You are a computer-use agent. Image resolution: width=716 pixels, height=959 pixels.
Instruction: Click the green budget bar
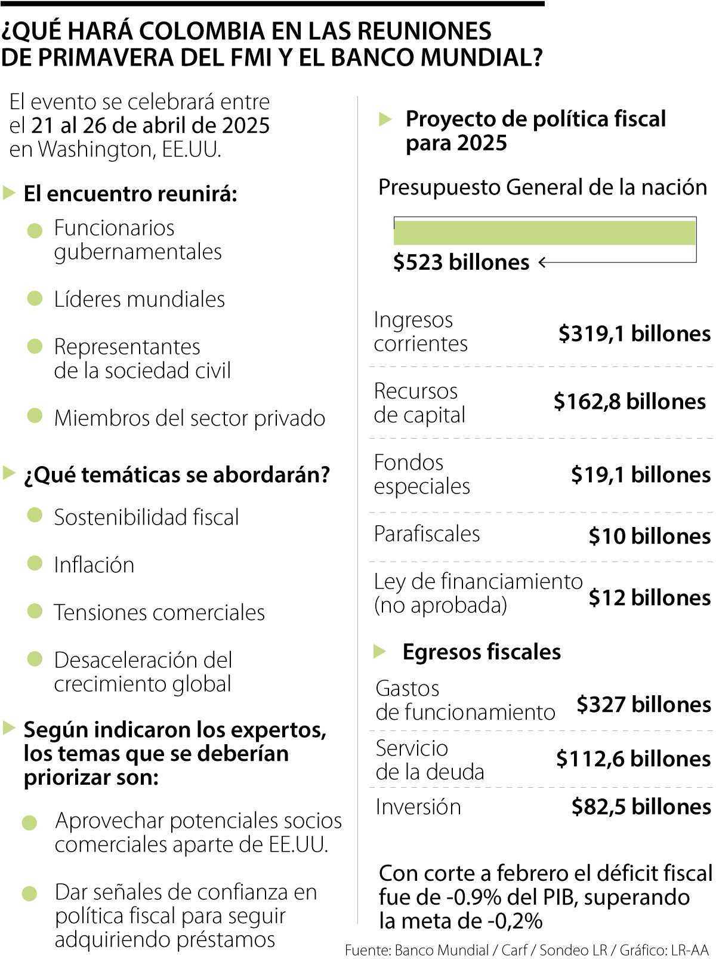point(544,233)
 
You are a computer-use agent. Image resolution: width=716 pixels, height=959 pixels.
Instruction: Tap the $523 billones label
point(461,263)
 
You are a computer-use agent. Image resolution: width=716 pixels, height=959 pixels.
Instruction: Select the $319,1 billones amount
point(634,334)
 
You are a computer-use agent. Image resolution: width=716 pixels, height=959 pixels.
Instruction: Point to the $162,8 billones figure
point(629,402)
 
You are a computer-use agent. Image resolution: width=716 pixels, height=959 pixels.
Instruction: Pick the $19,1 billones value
point(641,475)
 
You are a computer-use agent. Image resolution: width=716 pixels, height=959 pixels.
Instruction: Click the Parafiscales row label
point(427,534)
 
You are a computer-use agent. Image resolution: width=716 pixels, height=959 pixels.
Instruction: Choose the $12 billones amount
point(650,597)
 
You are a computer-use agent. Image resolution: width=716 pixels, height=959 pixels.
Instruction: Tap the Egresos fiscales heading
point(482,652)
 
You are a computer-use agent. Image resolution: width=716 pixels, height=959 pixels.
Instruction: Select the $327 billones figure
point(643,705)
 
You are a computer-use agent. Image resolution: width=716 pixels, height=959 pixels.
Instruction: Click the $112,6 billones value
point(633,759)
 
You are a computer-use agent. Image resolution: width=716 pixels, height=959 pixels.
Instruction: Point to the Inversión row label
point(418,807)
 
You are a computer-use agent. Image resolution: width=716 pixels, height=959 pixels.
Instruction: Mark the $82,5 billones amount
point(641,807)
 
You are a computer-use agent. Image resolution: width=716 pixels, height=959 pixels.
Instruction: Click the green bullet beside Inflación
point(35,563)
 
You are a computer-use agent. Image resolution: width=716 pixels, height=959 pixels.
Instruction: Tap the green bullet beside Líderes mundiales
point(35,298)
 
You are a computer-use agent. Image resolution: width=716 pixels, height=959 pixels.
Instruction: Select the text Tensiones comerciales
point(159,613)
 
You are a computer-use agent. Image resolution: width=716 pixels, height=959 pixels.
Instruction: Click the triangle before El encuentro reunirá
point(8,193)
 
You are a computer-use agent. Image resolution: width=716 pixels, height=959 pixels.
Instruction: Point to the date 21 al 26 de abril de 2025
point(150,126)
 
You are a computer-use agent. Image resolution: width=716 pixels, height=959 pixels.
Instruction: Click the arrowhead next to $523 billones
point(542,263)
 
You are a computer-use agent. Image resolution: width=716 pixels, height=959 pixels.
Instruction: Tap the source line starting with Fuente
point(526,949)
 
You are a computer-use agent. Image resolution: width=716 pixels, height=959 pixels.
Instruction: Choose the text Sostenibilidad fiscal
point(146,517)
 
